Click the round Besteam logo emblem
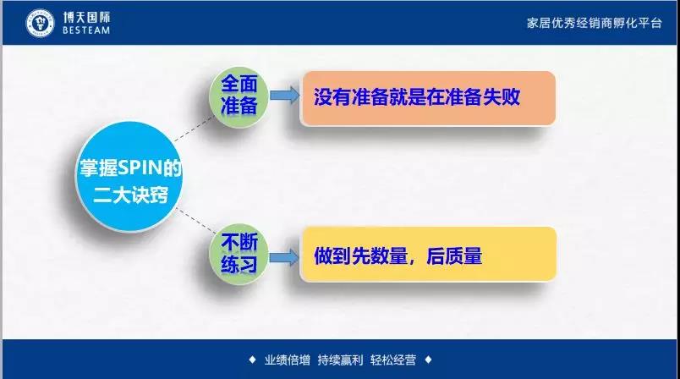coord(40,23)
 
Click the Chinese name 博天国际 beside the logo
coord(87,18)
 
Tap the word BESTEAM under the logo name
coord(86,30)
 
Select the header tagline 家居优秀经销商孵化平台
coord(594,23)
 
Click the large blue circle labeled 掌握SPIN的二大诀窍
coord(129,176)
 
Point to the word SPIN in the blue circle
coord(140,168)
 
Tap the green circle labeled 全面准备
coord(239,96)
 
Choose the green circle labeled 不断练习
coord(239,254)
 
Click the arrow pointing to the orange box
coord(284,96)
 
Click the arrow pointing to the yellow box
coord(284,257)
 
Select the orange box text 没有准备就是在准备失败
coord(417,96)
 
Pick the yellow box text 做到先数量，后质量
coord(398,255)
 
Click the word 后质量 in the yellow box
coord(454,255)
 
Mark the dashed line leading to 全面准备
coord(195,129)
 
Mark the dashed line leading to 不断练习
coord(196,221)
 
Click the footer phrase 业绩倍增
coord(287,360)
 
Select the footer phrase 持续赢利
coord(340,360)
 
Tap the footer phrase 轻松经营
coord(393,360)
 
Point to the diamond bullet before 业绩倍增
coord(252,360)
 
